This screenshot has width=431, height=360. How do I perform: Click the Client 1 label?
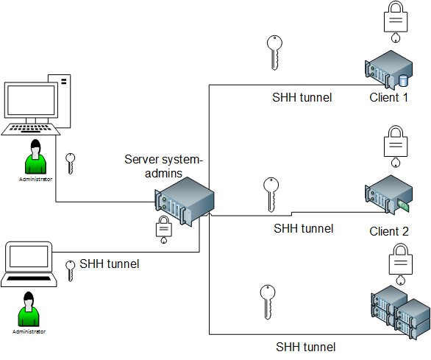(x=388, y=97)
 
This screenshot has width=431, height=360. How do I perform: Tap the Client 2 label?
(x=389, y=231)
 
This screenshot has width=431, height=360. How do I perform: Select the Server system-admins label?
(x=163, y=166)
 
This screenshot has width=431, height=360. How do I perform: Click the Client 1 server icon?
(x=388, y=70)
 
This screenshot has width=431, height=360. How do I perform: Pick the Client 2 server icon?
(x=388, y=194)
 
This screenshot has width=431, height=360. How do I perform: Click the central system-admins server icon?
(x=184, y=201)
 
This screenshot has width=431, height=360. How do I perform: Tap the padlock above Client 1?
(x=396, y=21)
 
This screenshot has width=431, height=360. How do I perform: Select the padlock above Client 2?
(x=396, y=147)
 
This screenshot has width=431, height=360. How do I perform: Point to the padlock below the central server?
(x=164, y=230)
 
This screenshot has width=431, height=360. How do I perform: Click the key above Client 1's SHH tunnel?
(x=274, y=52)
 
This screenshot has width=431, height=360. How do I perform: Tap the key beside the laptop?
(x=70, y=271)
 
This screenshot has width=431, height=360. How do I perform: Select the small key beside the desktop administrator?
(x=70, y=163)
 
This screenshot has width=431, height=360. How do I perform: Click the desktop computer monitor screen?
(x=31, y=100)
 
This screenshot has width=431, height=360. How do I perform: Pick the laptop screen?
(x=29, y=256)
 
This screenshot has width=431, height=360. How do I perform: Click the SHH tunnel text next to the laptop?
(x=110, y=264)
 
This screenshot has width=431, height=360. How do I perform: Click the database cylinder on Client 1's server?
(x=403, y=80)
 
